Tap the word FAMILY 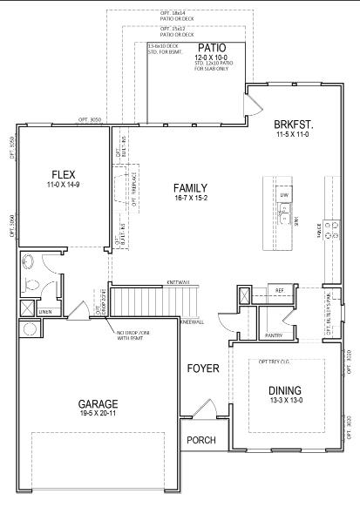coord(189,188)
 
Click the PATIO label coord(211,48)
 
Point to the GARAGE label coord(98,404)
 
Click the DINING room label coord(287,391)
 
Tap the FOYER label coord(202,368)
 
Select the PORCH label coord(201,440)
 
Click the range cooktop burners coord(332,229)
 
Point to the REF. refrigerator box coord(279,290)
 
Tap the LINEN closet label coord(45,311)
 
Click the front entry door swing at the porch coord(203,409)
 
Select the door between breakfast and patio coord(253,105)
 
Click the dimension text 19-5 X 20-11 coord(98,416)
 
